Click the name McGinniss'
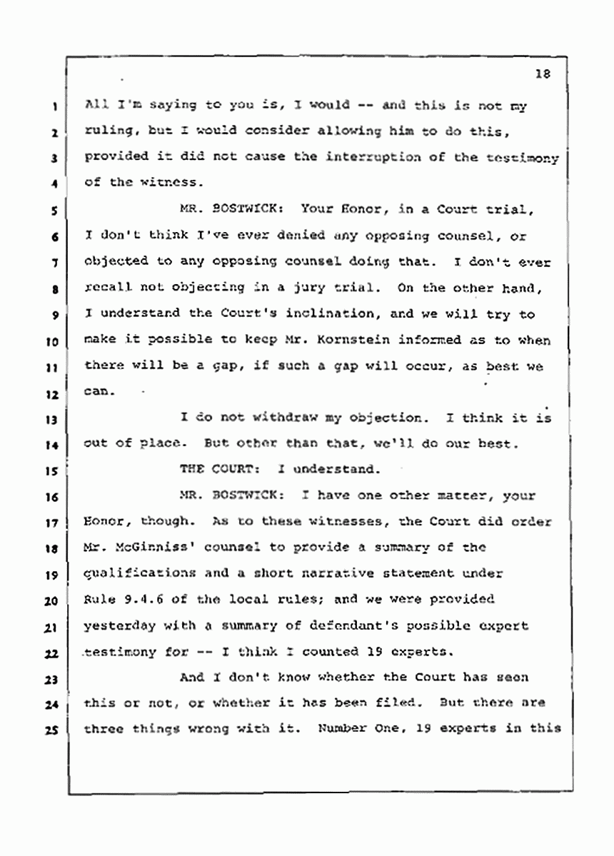pos(139,548)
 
